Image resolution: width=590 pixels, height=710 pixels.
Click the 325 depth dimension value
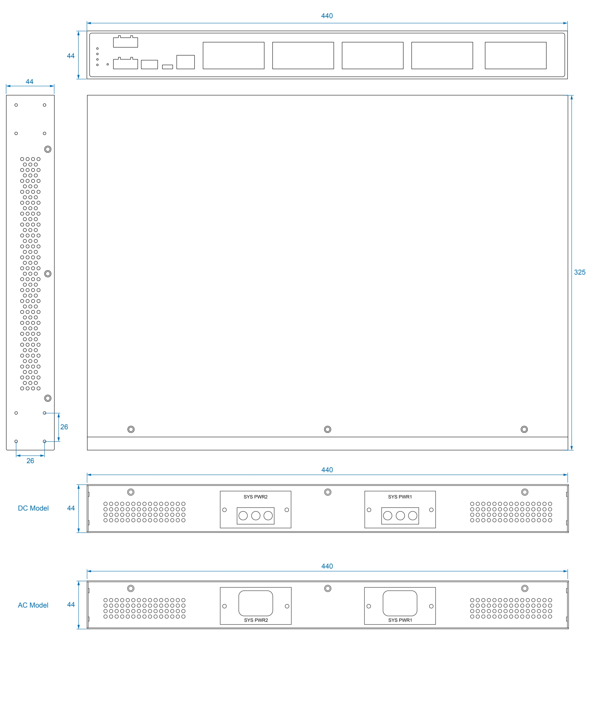(579, 272)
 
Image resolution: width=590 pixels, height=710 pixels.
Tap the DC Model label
(33, 508)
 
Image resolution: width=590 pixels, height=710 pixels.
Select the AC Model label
(33, 605)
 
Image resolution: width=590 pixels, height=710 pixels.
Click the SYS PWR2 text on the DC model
(255, 497)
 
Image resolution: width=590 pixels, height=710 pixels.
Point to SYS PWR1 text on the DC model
(400, 497)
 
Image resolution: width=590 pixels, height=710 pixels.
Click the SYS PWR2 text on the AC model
(256, 620)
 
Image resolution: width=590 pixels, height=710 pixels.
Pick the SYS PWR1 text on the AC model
(400, 620)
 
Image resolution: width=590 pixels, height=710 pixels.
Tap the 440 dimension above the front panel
(327, 16)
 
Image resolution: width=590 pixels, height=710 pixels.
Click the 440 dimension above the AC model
(327, 566)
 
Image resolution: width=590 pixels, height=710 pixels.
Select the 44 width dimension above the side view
(30, 82)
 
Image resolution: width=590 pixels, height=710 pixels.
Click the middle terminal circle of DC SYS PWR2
(256, 515)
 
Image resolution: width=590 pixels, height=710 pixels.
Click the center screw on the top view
(327, 429)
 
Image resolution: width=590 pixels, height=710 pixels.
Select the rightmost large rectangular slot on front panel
(515, 55)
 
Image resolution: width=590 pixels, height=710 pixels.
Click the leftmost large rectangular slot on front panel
(233, 55)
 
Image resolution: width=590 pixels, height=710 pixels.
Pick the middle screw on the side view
(48, 273)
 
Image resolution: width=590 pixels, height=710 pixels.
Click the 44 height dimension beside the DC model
(71, 508)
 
